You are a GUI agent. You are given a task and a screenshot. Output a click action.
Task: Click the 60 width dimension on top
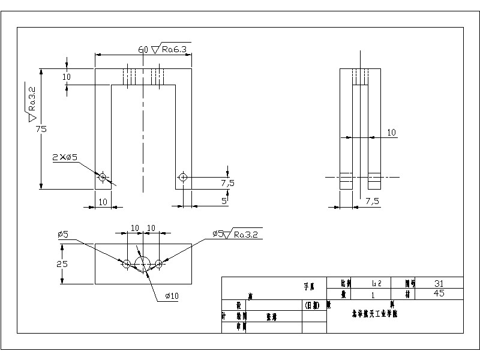click(143, 49)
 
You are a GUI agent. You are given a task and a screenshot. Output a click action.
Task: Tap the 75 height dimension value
click(41, 128)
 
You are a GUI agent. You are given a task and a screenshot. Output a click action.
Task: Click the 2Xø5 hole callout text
click(65, 157)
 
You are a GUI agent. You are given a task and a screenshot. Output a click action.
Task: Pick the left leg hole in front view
click(103, 177)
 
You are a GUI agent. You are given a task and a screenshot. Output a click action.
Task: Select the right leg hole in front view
click(182, 177)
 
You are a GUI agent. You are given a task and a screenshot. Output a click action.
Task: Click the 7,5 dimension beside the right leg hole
click(227, 182)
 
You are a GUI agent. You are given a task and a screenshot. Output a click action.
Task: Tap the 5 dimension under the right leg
click(224, 201)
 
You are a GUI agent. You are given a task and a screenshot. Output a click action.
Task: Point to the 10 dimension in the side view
click(391, 132)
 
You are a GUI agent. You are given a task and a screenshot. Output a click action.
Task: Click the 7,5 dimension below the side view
click(372, 202)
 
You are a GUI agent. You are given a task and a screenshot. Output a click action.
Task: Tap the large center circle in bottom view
click(143, 264)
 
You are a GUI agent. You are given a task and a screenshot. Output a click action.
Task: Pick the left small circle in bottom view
click(127, 264)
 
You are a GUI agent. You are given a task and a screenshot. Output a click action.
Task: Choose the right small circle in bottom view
click(159, 264)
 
